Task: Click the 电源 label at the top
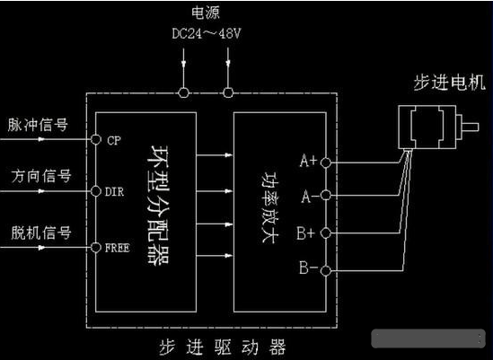coord(206,13)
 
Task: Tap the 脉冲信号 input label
coord(40,124)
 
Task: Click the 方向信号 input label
coord(40,175)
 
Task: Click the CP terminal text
coord(114,141)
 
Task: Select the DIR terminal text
coord(116,192)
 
